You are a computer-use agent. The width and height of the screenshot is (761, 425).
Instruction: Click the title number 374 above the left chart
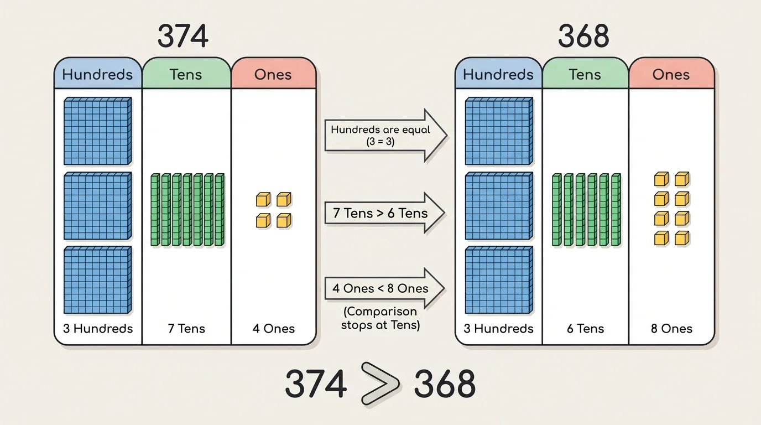(x=183, y=37)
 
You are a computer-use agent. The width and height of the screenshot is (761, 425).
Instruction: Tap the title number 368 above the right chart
(x=583, y=37)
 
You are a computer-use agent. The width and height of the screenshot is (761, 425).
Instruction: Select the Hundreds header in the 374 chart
(x=98, y=75)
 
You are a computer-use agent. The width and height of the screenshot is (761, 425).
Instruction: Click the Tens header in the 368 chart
(x=585, y=75)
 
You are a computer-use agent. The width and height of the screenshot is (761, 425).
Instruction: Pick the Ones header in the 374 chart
(x=273, y=75)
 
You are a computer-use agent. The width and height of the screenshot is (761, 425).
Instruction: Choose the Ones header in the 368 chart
(x=671, y=75)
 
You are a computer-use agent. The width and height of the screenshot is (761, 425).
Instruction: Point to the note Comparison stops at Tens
(x=380, y=318)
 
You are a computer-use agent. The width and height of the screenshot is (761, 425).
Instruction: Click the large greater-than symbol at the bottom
(x=380, y=383)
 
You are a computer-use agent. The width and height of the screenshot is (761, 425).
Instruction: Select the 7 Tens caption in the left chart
(x=186, y=329)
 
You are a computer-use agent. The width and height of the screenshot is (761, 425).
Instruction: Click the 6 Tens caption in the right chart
(x=585, y=329)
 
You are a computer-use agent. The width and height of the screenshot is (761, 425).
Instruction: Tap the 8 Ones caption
(x=671, y=329)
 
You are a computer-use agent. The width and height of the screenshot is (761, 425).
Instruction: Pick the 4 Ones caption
(x=273, y=329)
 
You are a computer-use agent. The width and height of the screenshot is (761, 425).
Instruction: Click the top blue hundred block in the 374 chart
(x=97, y=131)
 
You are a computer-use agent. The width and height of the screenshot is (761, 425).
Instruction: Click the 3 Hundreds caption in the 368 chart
(x=498, y=329)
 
